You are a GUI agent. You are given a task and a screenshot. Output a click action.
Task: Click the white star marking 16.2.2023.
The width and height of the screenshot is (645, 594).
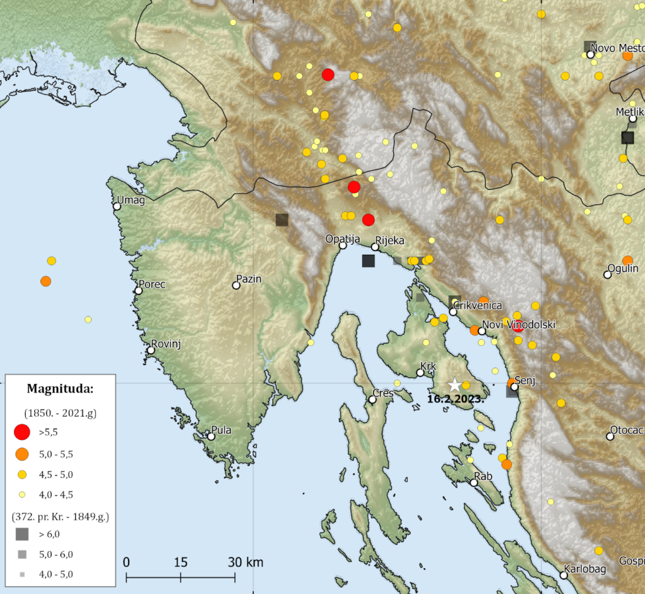(454, 384)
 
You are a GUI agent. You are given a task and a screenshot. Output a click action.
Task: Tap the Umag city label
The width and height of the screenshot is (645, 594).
(130, 201)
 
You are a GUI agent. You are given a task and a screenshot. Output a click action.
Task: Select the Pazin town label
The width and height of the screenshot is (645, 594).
(249, 279)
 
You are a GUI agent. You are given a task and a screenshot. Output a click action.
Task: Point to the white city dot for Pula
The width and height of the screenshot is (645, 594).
(212, 436)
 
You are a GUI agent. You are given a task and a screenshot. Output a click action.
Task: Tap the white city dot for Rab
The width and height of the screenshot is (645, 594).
(474, 483)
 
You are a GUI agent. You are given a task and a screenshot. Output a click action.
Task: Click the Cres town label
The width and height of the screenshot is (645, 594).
(383, 393)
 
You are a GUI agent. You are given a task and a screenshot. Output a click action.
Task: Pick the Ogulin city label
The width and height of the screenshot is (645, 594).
(624, 269)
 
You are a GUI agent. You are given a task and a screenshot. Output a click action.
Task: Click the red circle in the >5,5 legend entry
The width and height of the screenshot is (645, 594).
(22, 432)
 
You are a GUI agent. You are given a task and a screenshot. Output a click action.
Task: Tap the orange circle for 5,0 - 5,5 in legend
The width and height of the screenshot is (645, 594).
(22, 453)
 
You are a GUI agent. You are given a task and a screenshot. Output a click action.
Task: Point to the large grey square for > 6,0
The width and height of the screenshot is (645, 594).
(22, 534)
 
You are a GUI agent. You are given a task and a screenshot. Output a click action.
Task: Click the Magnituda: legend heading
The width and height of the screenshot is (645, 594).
(60, 389)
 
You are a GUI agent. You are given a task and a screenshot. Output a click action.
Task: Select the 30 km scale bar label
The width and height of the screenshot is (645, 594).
(246, 562)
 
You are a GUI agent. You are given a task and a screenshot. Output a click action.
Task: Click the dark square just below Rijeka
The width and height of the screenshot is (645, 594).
(368, 261)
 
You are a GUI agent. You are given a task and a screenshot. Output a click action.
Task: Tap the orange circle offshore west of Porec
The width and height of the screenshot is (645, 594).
(45, 281)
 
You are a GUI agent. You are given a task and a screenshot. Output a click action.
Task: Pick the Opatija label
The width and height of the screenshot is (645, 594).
(342, 238)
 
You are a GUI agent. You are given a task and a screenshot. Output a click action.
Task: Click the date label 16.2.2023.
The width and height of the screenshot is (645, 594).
(455, 399)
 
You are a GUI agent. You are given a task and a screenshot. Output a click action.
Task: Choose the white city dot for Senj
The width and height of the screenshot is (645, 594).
(514, 387)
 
